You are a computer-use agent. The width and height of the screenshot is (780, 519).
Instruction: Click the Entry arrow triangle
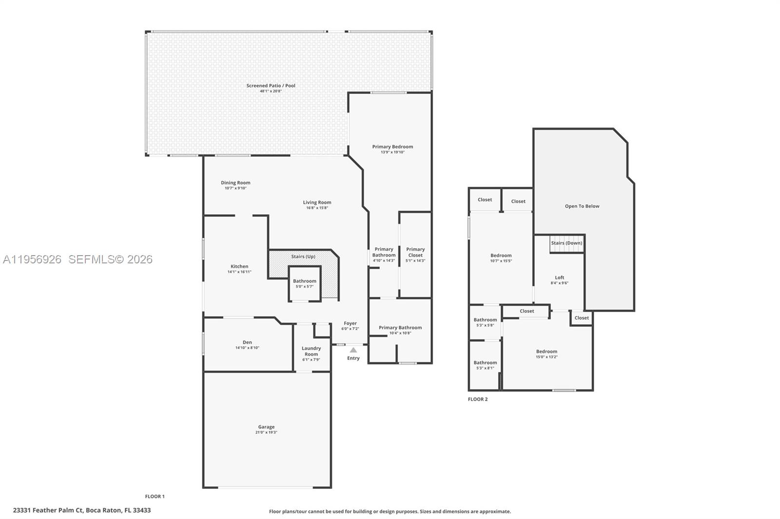click(x=353, y=350)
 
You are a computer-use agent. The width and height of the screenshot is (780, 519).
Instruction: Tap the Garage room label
click(x=266, y=427)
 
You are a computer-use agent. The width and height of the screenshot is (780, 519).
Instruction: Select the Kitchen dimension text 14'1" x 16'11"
click(x=239, y=272)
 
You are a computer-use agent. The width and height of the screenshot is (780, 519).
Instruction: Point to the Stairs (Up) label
click(x=303, y=257)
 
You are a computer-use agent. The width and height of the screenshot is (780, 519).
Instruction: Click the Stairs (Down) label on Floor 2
click(x=566, y=243)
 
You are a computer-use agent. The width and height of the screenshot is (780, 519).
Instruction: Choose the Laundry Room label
click(x=312, y=351)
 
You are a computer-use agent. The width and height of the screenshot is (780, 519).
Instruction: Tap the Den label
click(x=247, y=342)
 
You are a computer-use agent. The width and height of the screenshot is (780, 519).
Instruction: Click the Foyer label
click(x=351, y=323)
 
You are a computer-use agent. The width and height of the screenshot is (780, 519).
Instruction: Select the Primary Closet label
click(x=415, y=252)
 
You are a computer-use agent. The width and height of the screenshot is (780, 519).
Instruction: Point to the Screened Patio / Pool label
click(x=271, y=86)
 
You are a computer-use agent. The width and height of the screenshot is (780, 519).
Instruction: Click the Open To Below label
click(x=582, y=206)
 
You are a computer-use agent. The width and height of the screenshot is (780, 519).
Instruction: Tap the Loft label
click(x=560, y=278)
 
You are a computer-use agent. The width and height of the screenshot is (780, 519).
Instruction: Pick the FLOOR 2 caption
click(x=478, y=399)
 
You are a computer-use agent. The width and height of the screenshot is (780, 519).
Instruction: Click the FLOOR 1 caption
click(x=155, y=497)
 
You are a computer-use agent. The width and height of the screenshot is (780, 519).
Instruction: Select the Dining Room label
click(x=235, y=183)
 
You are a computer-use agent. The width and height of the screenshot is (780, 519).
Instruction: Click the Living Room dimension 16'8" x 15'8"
click(x=317, y=208)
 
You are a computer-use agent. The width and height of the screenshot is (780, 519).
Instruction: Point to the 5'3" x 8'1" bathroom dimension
click(x=485, y=368)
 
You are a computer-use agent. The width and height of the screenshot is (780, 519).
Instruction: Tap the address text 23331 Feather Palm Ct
click(x=48, y=510)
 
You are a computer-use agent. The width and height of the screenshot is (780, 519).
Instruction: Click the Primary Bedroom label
click(x=392, y=147)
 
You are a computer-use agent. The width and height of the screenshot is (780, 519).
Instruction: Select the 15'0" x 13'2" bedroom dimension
click(x=546, y=357)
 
